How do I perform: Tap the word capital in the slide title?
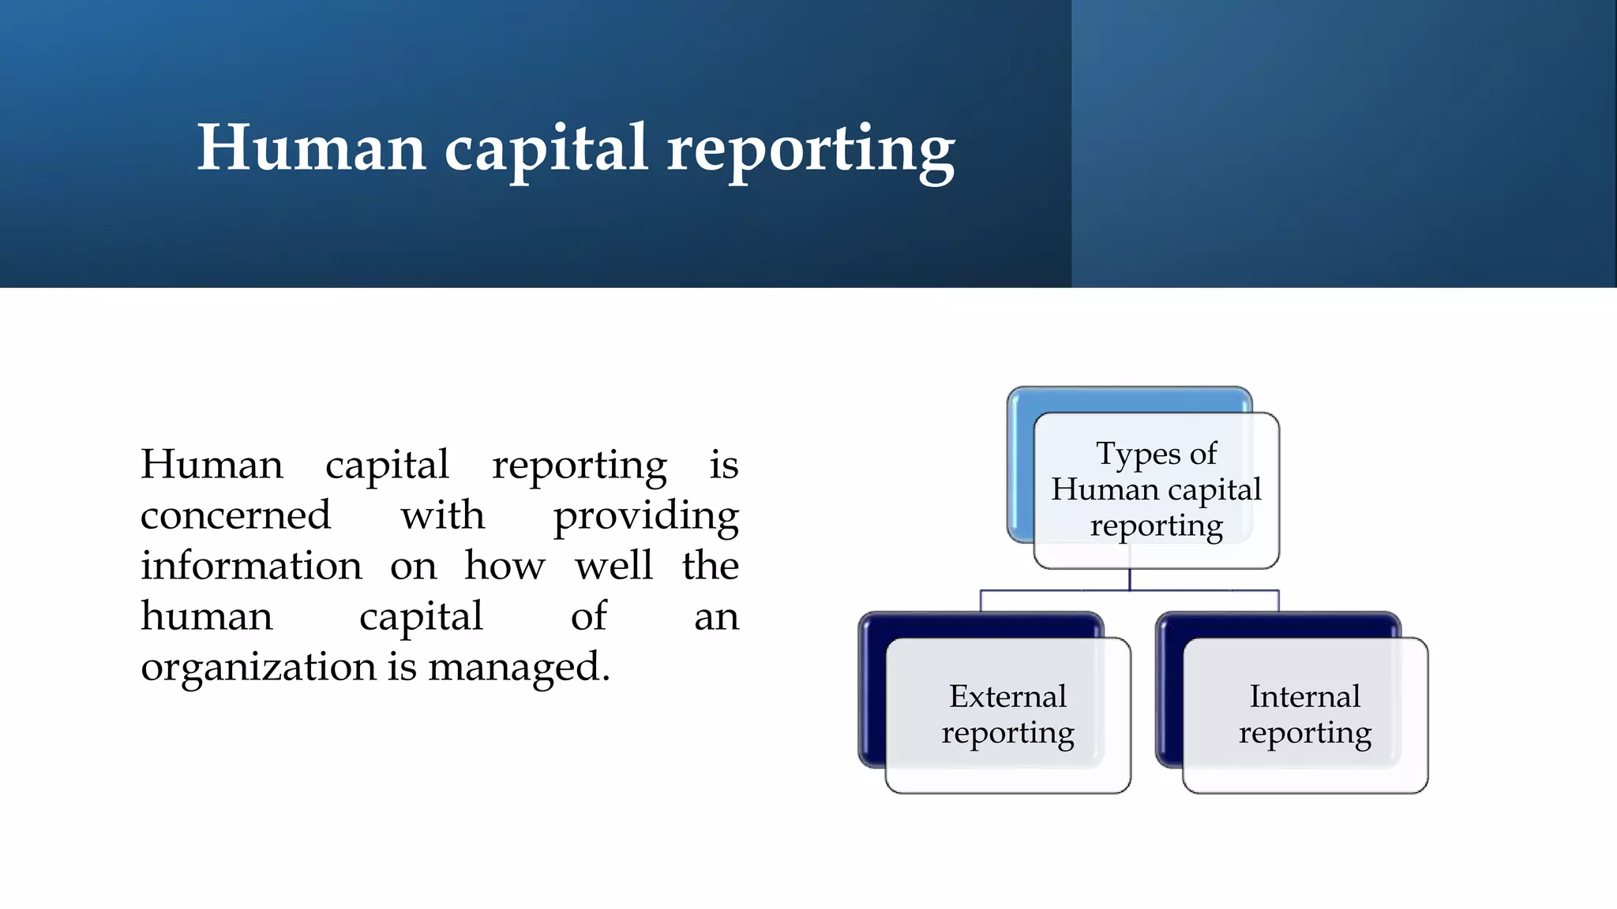(x=546, y=150)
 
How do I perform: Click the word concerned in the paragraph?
(x=235, y=515)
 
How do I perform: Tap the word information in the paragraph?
(x=251, y=566)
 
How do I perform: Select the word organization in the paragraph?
(x=257, y=668)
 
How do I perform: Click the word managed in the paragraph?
(x=518, y=668)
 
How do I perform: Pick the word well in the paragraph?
(x=613, y=566)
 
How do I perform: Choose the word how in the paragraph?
(x=505, y=566)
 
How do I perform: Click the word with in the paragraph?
(x=442, y=515)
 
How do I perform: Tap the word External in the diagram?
(x=1007, y=697)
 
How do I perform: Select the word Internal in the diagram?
(x=1304, y=697)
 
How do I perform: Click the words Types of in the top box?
(x=1157, y=454)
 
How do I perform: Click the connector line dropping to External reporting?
(x=981, y=600)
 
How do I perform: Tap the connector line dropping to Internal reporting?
(x=1278, y=600)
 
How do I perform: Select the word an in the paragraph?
(x=716, y=617)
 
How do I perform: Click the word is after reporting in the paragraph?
(x=723, y=465)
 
